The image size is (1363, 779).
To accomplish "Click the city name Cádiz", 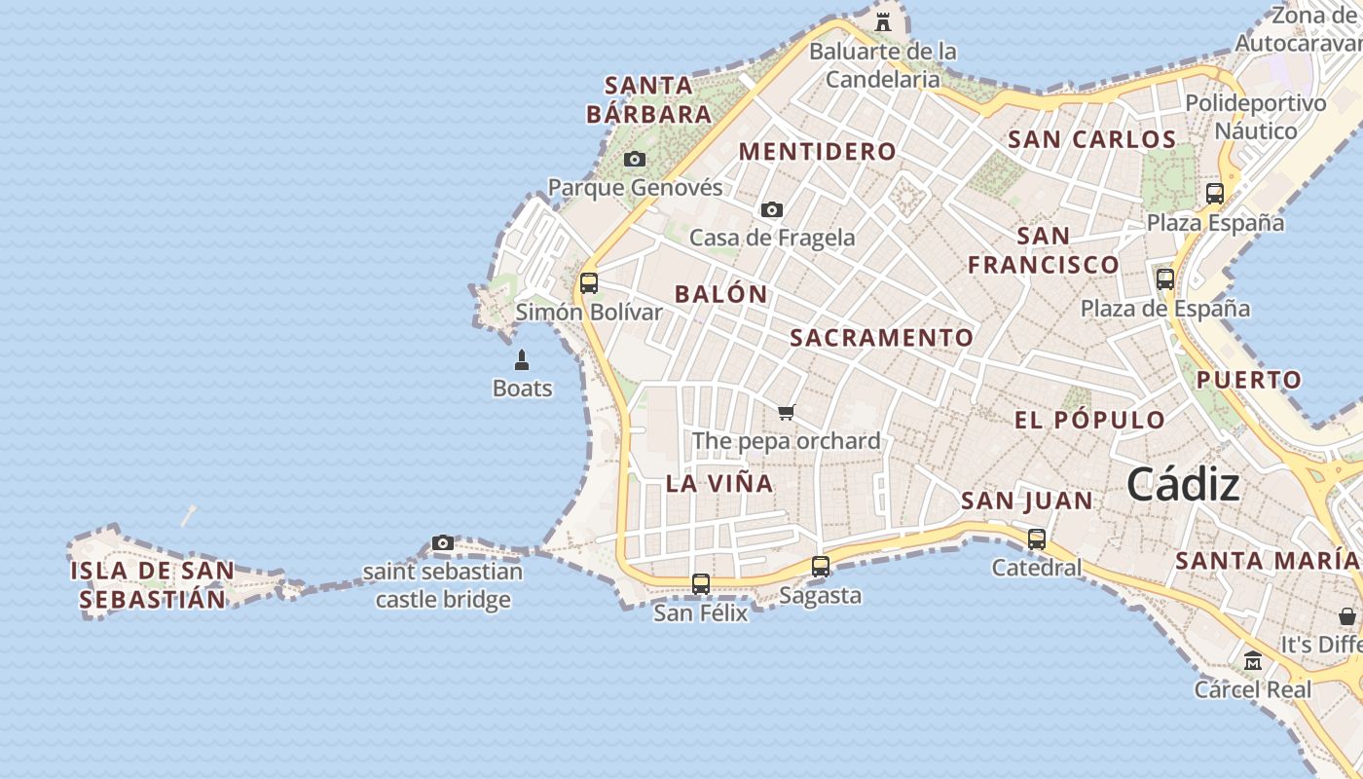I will point(1183,485).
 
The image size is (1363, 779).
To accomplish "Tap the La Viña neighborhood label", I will point(719,483).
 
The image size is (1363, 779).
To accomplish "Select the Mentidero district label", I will point(817,151).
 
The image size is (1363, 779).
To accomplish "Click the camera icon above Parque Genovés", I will point(635,159).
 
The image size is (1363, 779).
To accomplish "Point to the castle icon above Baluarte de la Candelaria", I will point(883,21).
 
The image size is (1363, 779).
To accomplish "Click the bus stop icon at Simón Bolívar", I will point(589,283).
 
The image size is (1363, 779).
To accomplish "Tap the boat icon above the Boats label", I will point(522,360).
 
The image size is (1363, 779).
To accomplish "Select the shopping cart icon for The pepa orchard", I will point(787,412).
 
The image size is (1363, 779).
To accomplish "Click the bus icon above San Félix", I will point(701,584).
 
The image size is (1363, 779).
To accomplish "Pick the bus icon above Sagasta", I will point(821,566).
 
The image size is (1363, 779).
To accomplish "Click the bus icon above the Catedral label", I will point(1037,538).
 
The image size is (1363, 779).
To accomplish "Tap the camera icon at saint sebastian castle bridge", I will point(443,542).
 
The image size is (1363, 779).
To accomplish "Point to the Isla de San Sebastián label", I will point(152,585).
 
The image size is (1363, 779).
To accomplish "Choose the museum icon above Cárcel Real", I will point(1253,660).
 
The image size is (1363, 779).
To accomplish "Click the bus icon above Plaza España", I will point(1215,193).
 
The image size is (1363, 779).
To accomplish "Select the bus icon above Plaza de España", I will point(1165,279).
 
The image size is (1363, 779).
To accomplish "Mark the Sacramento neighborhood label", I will point(881,338).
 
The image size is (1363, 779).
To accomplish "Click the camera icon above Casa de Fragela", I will point(772,209).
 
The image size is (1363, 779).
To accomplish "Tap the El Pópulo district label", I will point(1089,421).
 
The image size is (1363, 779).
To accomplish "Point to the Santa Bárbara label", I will point(649,100).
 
